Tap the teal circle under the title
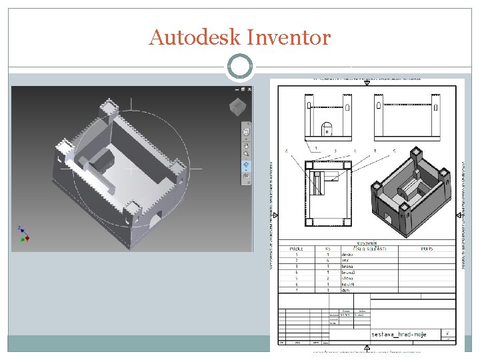(240, 67)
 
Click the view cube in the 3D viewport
(237, 107)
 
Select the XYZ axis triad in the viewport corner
(23, 233)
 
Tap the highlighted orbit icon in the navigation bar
(245, 166)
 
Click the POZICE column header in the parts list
(296, 248)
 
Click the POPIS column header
(427, 248)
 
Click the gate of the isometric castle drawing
(389, 217)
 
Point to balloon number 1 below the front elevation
(316, 148)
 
